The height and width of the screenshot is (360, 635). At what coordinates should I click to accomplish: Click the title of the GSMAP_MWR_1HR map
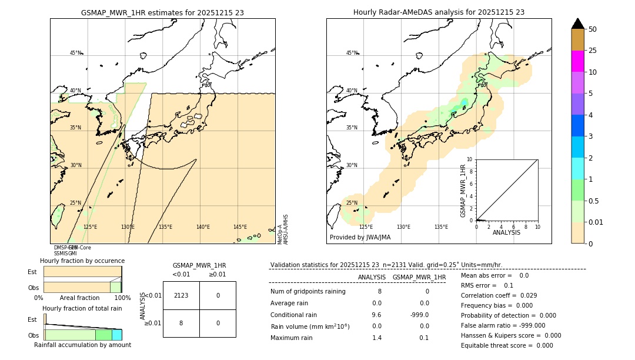(x=162, y=12)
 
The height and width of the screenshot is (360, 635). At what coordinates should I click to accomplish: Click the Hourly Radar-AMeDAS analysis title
(x=439, y=12)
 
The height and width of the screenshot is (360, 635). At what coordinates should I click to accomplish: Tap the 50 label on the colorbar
(x=593, y=29)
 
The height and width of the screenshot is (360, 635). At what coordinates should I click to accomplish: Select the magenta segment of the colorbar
(x=578, y=61)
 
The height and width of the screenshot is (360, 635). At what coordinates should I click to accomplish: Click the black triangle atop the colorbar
(x=578, y=24)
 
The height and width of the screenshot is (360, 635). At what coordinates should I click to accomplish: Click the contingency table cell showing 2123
(x=181, y=295)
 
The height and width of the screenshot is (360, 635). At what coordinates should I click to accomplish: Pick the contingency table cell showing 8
(x=181, y=323)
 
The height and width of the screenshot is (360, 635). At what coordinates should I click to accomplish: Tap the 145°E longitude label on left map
(x=240, y=227)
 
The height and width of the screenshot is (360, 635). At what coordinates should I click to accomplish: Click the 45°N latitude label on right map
(x=352, y=53)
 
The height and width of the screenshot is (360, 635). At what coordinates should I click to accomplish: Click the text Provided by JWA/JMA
(x=360, y=238)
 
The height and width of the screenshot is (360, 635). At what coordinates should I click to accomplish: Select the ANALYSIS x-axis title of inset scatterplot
(x=506, y=233)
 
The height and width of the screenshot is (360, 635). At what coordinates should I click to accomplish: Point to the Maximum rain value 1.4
(x=377, y=338)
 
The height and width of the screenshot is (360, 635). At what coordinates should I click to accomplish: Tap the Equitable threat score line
(x=507, y=345)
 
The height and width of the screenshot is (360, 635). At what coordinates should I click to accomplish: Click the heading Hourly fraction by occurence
(x=82, y=261)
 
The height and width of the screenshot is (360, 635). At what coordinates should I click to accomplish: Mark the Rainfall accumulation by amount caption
(x=82, y=345)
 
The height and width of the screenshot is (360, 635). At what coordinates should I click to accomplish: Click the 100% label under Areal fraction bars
(x=122, y=298)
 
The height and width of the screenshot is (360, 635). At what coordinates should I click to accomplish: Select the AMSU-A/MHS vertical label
(x=286, y=229)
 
